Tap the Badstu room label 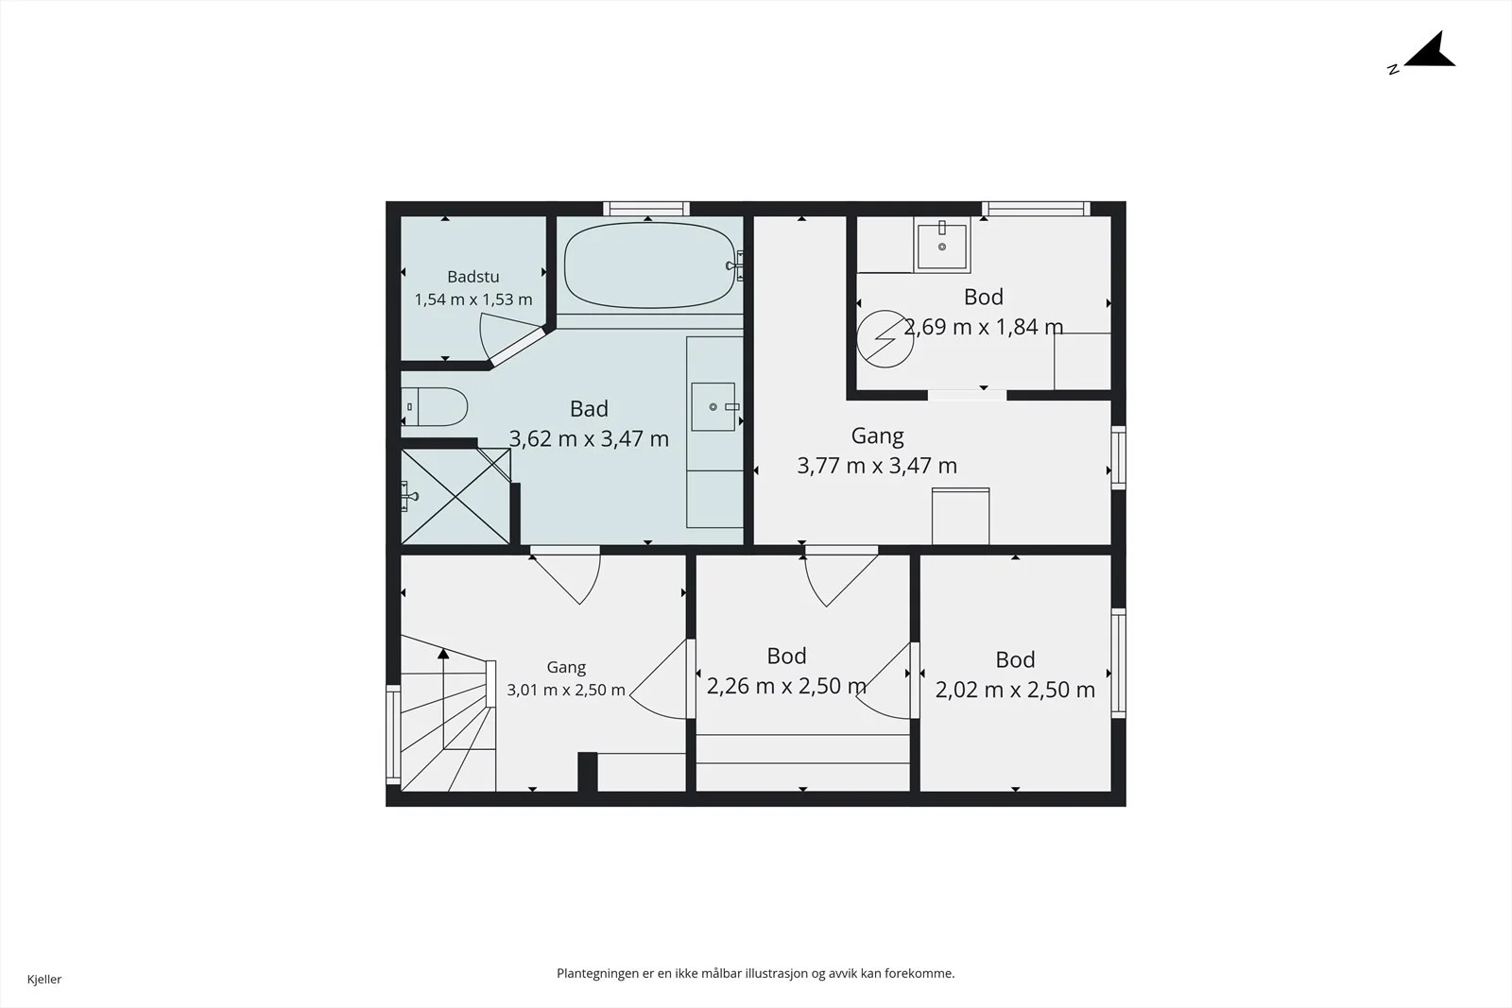(473, 277)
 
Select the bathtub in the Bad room (649, 265)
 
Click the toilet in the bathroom (435, 407)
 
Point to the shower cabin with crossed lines (455, 497)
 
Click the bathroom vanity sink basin (713, 407)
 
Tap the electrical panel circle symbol (885, 339)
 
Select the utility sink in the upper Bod (942, 246)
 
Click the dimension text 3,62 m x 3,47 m (589, 439)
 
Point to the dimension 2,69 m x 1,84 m (984, 327)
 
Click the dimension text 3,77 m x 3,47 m (877, 466)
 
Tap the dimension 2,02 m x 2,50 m (1015, 690)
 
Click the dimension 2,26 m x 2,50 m (786, 686)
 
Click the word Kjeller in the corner (44, 979)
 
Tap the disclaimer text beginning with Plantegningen (755, 974)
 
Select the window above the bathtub (646, 209)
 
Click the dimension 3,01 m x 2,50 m (566, 691)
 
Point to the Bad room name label (589, 409)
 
